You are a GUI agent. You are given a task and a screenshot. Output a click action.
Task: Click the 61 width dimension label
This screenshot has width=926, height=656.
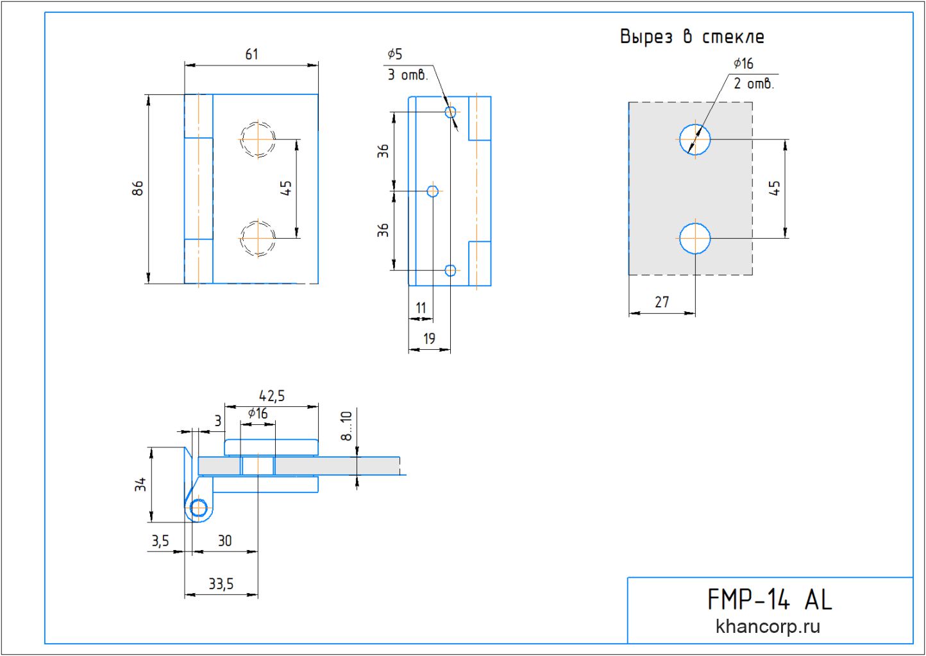coord(251,55)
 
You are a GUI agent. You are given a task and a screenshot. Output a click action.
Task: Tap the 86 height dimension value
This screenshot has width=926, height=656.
coord(138,188)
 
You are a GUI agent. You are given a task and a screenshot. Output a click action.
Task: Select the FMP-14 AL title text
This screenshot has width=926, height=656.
coord(769,600)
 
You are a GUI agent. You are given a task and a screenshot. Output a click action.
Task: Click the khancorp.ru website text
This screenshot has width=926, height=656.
coord(768,626)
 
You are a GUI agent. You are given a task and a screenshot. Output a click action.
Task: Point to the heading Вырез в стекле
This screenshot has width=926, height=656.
coord(691,37)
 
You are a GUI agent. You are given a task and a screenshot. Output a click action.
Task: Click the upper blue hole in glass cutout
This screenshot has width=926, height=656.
coord(695,139)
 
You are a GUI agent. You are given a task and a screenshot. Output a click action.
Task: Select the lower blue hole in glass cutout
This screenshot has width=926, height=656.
coord(695,238)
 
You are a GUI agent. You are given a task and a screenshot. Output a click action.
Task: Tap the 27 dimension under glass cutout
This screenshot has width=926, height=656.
coord(662,302)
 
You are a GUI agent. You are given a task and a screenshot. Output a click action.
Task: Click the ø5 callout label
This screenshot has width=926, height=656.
coord(394,55)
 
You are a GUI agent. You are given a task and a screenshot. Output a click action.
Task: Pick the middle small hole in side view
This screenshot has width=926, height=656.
coord(433,191)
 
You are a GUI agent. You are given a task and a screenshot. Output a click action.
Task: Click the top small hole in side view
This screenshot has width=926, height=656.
coord(450,112)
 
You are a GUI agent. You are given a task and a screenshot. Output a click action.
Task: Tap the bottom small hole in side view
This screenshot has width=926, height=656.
coord(450,270)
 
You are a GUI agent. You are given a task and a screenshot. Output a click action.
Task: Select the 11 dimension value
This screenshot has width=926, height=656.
coord(421,308)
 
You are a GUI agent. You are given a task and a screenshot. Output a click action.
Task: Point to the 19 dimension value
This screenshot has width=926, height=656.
coord(429,338)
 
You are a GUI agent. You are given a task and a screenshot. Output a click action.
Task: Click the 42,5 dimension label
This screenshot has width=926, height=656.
coord(271,396)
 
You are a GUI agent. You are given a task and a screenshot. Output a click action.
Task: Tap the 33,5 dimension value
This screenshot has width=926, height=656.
coord(221,584)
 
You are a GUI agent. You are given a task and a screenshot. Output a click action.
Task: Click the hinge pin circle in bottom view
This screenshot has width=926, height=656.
coord(199,508)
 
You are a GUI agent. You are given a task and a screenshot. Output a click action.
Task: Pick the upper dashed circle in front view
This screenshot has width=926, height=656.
coord(258,139)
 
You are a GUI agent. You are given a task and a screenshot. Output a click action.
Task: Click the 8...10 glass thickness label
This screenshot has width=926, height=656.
coord(346,426)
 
